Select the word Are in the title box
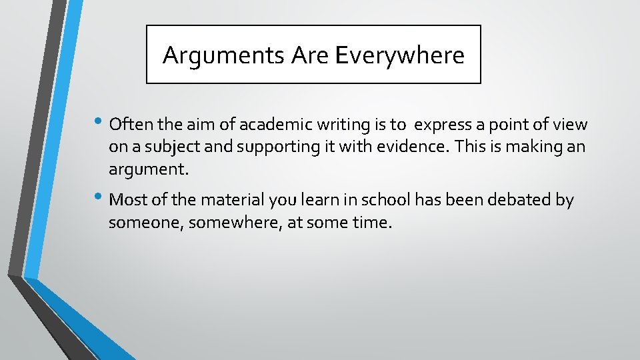311,55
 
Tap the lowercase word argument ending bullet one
149,170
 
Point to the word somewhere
237,223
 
